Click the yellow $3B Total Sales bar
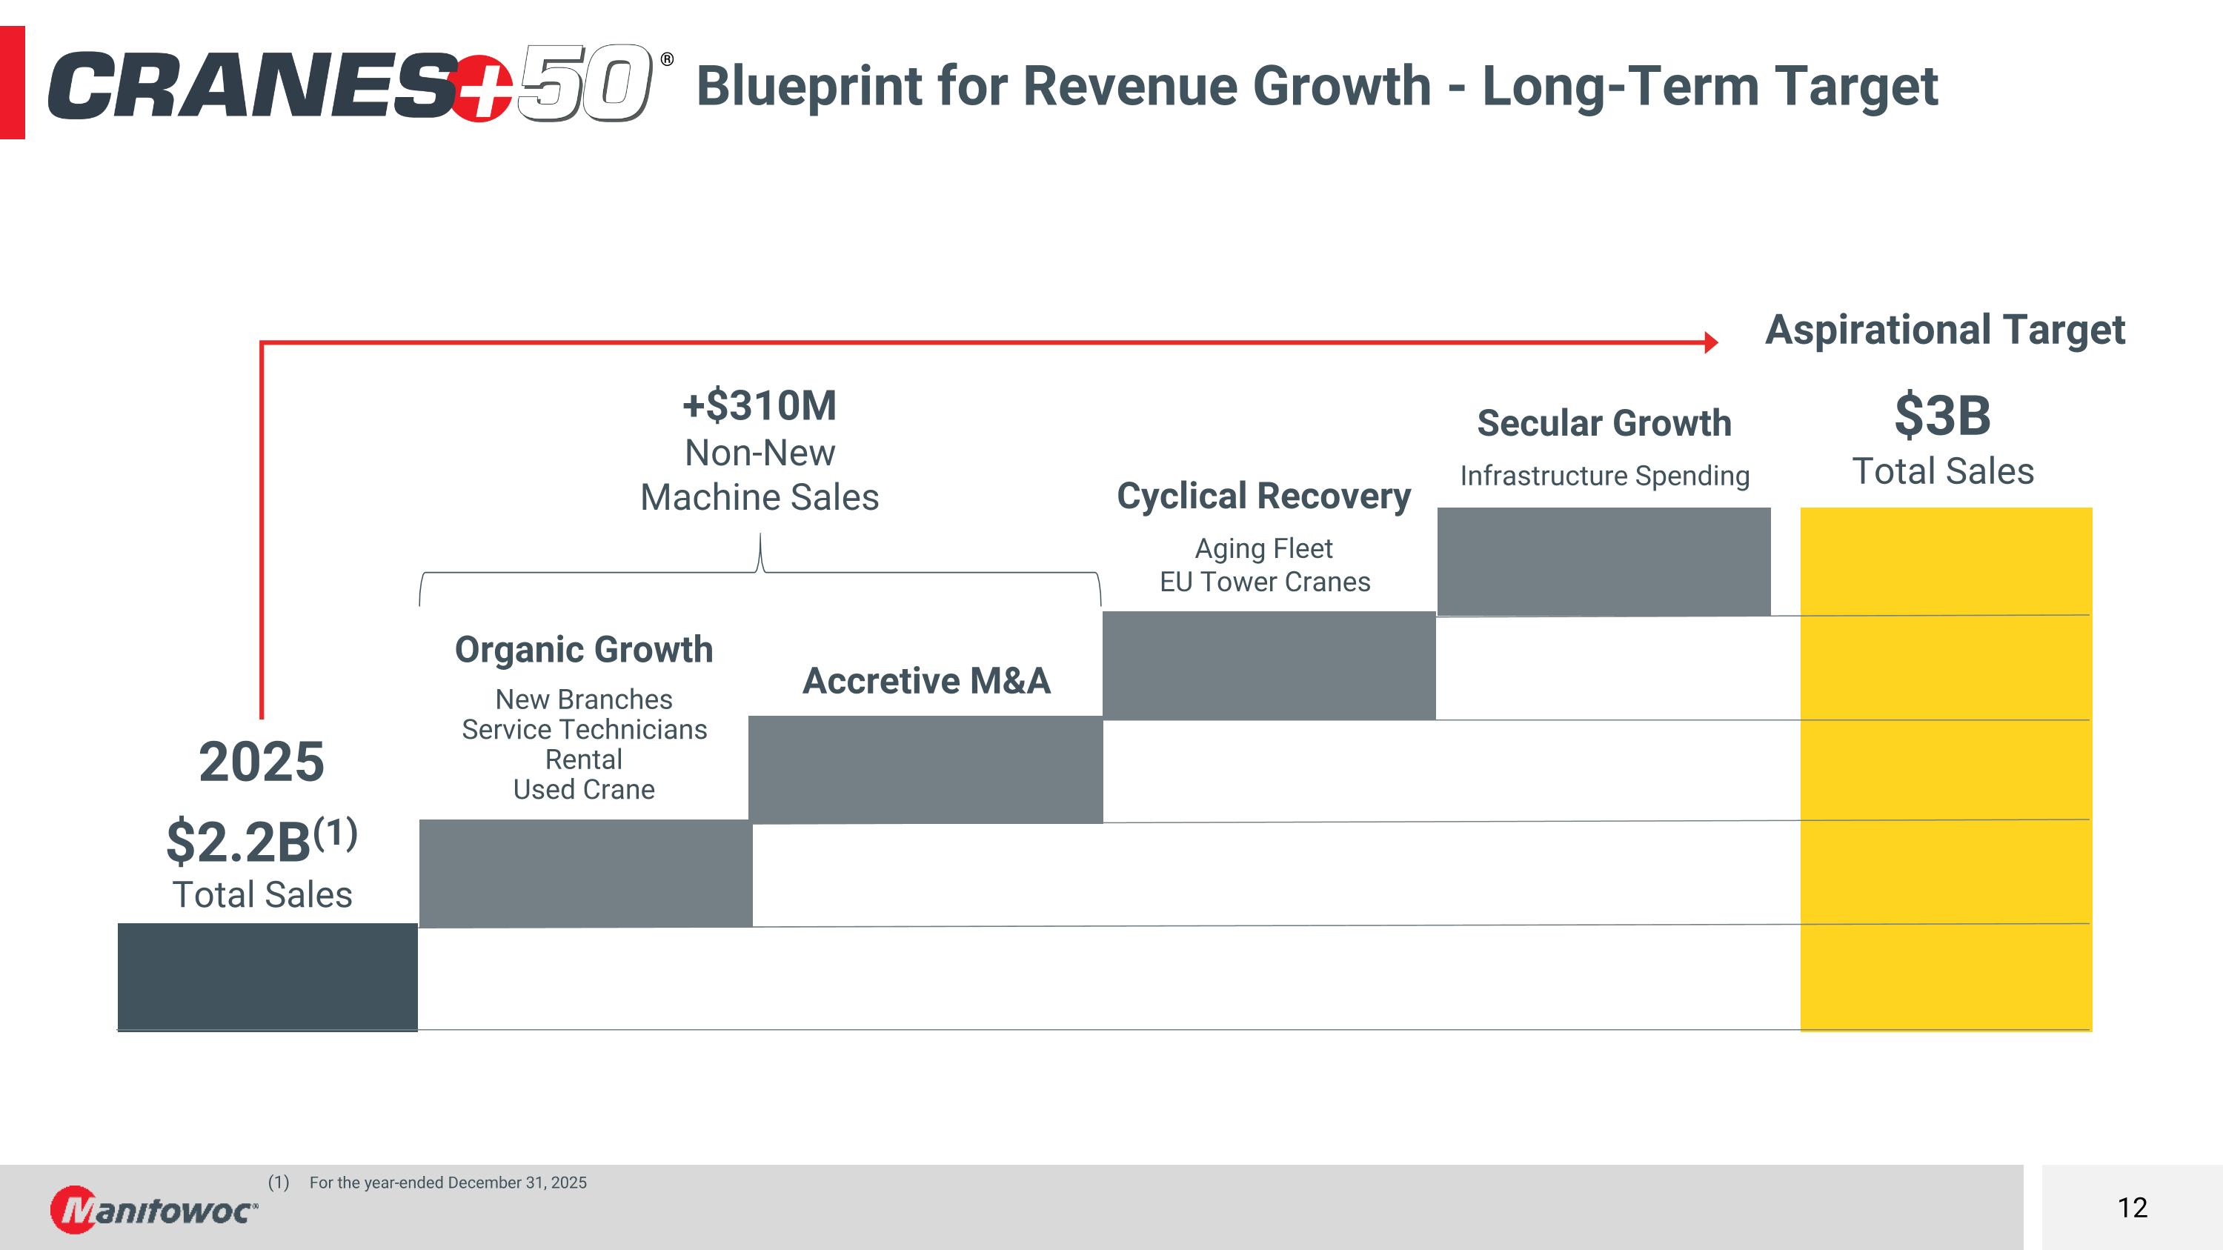(1945, 768)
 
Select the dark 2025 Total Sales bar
(268, 977)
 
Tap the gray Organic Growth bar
(585, 873)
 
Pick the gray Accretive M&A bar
(925, 768)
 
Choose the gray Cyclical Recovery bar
(1269, 665)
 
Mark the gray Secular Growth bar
(1604, 561)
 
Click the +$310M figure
(760, 405)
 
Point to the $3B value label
(1943, 416)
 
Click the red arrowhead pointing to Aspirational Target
(1710, 342)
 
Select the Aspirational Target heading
(1945, 330)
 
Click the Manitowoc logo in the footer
(153, 1209)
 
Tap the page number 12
(2133, 1208)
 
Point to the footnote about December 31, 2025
(447, 1183)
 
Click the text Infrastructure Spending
(1604, 476)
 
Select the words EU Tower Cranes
(1264, 582)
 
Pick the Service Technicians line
(584, 730)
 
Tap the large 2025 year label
(262, 762)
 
